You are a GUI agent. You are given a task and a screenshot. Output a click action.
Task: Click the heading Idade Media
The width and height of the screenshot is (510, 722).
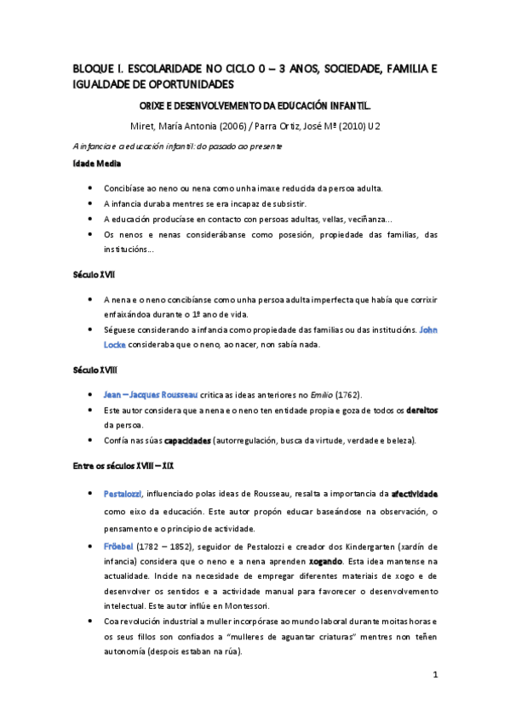click(96, 163)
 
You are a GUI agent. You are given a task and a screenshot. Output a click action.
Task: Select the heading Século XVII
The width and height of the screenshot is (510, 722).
click(95, 276)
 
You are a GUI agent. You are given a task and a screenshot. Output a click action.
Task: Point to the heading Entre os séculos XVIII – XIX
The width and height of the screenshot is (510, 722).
click(125, 466)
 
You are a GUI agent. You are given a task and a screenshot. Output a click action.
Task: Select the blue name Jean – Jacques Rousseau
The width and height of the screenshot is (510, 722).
click(150, 395)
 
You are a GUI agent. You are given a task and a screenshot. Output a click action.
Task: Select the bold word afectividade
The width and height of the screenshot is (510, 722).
click(415, 493)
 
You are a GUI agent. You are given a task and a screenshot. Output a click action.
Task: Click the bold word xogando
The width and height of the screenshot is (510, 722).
click(324, 561)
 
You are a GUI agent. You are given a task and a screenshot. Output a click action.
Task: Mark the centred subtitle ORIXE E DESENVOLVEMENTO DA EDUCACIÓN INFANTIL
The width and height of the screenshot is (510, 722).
click(255, 107)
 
